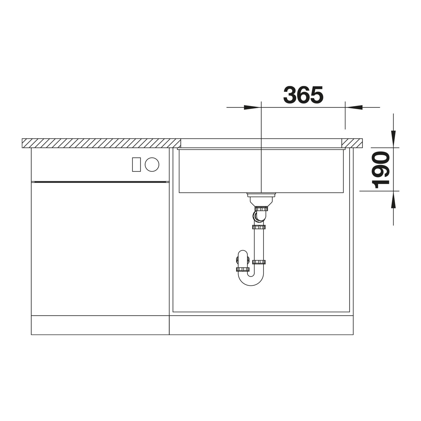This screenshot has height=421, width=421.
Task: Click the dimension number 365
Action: coord(303,95)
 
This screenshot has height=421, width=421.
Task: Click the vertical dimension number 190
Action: coord(381,170)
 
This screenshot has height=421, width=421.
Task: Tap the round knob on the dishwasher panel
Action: coord(152,164)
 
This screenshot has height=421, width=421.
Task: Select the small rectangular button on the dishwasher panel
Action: coord(136,164)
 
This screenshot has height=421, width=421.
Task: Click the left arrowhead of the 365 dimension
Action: coord(252,107)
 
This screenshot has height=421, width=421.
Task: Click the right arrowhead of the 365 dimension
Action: coord(354,107)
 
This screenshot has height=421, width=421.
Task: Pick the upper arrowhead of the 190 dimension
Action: coord(393,139)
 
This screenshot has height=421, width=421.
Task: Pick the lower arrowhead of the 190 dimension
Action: coord(393,200)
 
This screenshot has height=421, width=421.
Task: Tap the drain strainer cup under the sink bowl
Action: coord(261,200)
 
